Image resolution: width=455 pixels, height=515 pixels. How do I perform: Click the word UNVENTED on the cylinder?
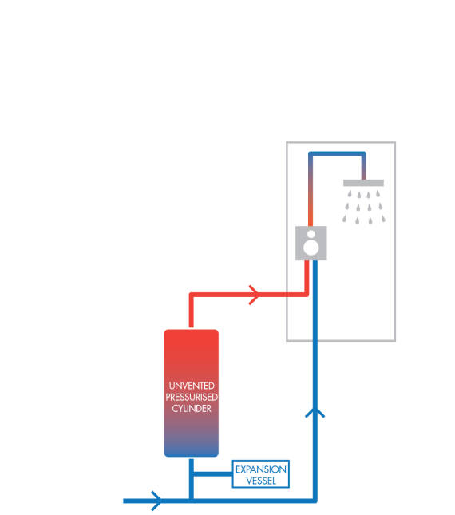192,386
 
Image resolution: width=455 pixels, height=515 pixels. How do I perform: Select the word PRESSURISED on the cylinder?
192,397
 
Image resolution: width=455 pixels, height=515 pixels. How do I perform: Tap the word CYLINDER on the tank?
192,408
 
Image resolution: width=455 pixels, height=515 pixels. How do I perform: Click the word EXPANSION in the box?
260,469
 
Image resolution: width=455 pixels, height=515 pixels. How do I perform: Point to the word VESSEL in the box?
260,480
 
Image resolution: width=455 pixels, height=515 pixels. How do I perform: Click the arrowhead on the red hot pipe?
255,295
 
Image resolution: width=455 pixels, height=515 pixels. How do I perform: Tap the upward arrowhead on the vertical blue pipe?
315,412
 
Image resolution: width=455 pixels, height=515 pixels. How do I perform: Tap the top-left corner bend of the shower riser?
311,155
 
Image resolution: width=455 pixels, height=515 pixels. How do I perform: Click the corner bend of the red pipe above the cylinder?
192,295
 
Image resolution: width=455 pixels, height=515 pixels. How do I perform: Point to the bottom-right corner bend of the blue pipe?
315,501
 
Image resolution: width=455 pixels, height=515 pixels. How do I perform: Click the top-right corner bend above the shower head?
363,155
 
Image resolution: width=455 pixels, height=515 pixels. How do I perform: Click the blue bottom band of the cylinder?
192,452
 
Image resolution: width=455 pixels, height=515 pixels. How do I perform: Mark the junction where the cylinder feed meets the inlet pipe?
192,501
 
